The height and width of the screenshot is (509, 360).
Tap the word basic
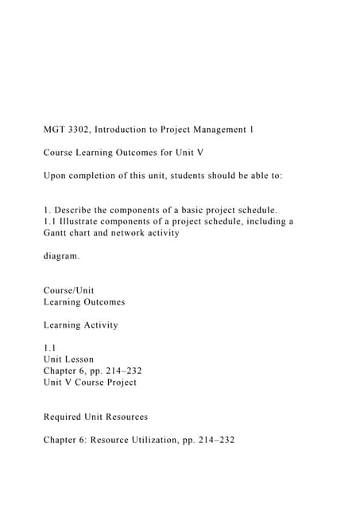coord(199,210)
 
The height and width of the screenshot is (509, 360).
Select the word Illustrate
coord(83,222)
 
